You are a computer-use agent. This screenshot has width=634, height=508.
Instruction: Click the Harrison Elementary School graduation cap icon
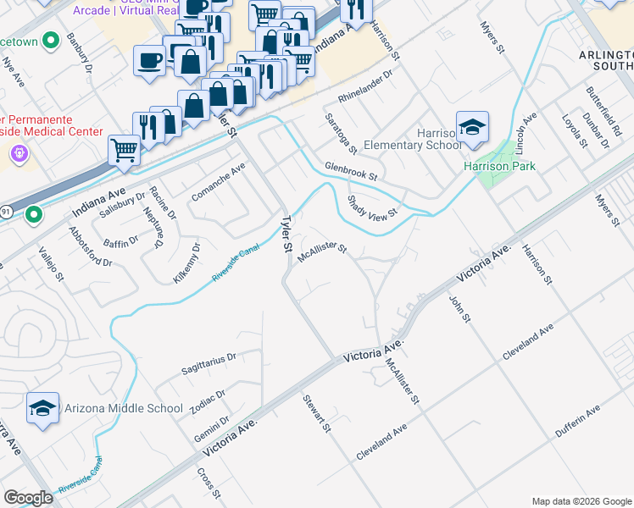click(472, 127)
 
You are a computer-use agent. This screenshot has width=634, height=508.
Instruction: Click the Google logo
click(28, 498)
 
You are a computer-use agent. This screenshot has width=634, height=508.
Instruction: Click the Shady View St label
click(372, 207)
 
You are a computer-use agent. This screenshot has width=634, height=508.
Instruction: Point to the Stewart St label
click(316, 413)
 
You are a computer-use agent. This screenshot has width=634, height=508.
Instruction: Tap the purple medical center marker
click(19, 153)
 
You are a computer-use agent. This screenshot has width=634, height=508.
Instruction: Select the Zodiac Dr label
click(208, 401)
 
